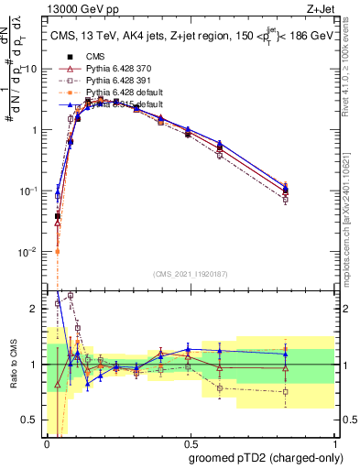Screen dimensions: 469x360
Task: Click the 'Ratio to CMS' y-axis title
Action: coord(12,364)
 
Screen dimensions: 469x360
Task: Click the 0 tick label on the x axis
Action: coord(47,443)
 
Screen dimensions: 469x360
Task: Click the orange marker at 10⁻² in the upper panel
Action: coord(57,251)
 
